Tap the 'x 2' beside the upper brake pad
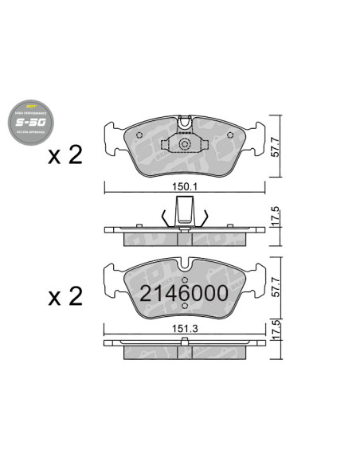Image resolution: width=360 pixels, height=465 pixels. point(66,154)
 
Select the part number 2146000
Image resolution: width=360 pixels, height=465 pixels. point(185,293)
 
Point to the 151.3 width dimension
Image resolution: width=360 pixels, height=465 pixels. point(185,326)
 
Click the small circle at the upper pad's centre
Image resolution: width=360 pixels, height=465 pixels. point(185,145)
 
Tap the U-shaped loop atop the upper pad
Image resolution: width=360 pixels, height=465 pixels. point(185,123)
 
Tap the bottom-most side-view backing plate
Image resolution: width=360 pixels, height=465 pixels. point(185,344)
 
